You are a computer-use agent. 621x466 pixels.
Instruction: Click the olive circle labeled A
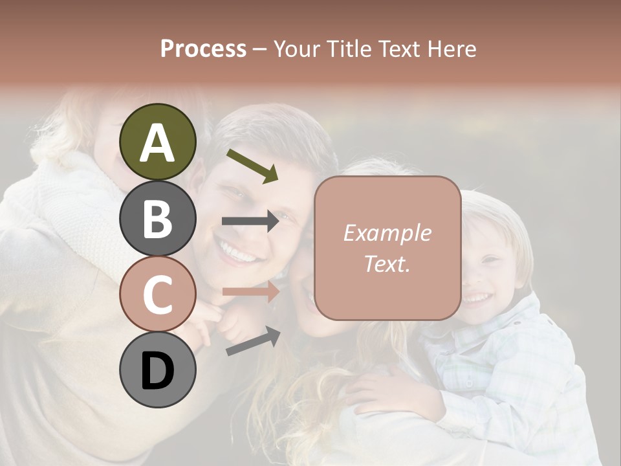pos(158,142)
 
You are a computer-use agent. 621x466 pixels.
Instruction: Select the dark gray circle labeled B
pos(158,218)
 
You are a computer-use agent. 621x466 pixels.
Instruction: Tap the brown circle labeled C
pos(158,294)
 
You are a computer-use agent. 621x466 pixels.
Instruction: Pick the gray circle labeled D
pos(158,370)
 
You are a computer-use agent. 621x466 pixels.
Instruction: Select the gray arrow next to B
pos(250,221)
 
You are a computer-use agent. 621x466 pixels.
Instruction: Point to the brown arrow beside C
pos(250,292)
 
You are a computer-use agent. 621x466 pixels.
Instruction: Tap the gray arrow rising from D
pos(253,342)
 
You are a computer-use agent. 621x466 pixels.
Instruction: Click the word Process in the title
pos(203,49)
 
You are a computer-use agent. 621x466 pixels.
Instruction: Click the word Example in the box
pos(387,234)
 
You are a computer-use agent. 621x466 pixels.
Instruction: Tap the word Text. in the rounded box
pos(387,263)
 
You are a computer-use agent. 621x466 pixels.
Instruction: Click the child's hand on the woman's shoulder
pos(388,393)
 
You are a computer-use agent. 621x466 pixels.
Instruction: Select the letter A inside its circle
pos(158,143)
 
